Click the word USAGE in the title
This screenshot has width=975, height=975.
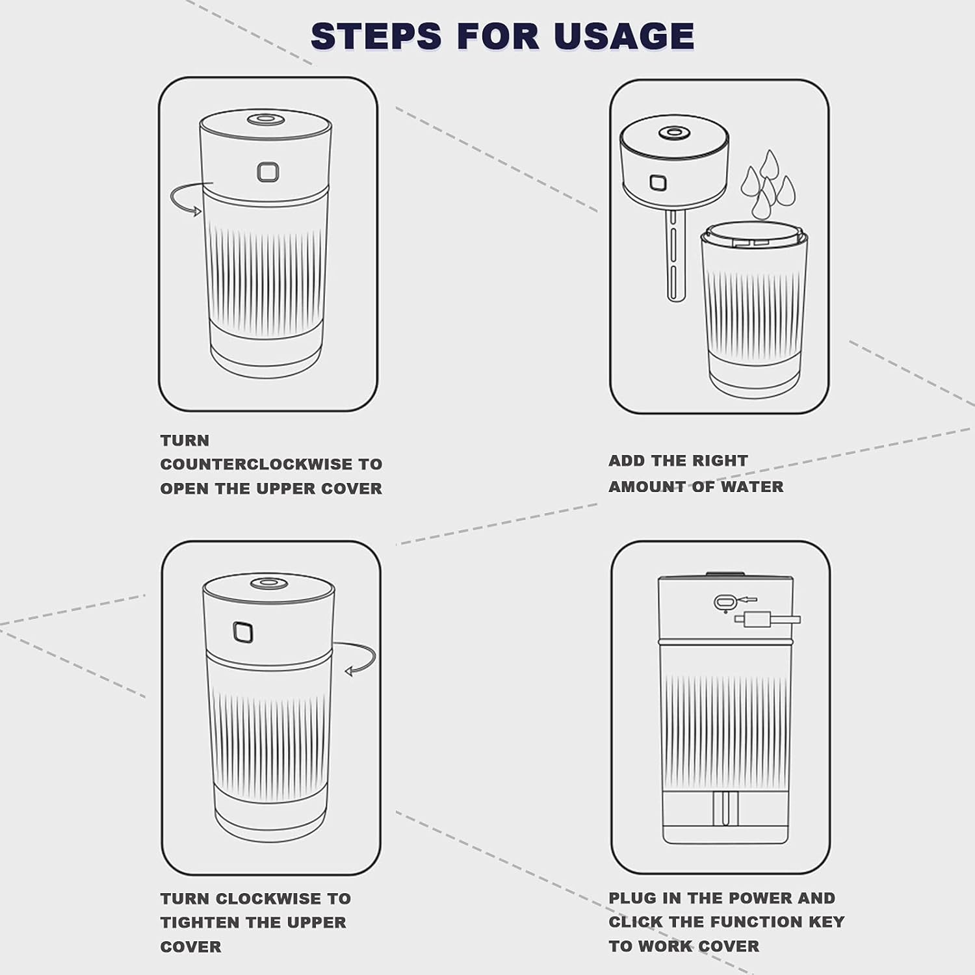point(624,36)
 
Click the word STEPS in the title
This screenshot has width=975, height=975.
point(376,36)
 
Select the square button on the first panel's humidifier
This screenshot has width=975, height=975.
point(268,172)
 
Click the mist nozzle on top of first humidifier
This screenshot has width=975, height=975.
point(263,119)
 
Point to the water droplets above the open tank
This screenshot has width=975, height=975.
point(769,185)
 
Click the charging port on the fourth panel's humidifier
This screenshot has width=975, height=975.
point(723,603)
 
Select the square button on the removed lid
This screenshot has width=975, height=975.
point(658,182)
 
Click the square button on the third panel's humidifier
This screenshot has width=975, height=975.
point(243,632)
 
